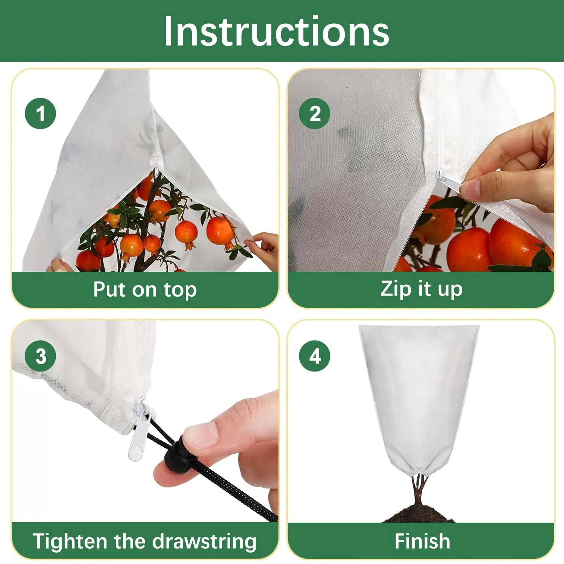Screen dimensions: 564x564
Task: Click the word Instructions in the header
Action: [276, 32]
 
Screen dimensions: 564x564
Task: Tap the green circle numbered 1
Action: [40, 113]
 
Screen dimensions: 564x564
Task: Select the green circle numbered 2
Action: [314, 113]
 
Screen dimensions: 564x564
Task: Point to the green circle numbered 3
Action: [40, 356]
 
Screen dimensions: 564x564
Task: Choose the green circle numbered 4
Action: [314, 356]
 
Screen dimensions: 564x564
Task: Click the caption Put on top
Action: [145, 290]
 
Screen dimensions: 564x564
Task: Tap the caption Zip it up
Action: [421, 289]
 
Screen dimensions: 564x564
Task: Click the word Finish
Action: [422, 541]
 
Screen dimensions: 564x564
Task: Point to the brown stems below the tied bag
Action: [419, 488]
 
